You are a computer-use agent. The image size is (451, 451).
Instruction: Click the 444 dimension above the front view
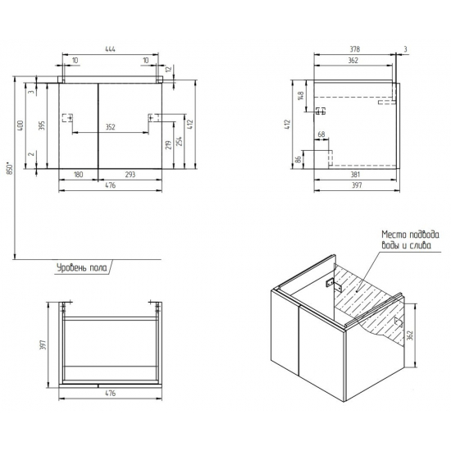pyautogui.click(x=110, y=49)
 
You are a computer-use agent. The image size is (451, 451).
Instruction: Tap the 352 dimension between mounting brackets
pyautogui.click(x=110, y=127)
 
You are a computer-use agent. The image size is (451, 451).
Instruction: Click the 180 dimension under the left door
pyautogui.click(x=78, y=175)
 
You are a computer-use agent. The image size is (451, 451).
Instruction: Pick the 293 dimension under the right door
pyautogui.click(x=130, y=175)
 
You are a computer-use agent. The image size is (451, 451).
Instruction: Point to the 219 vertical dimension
pyautogui.click(x=169, y=144)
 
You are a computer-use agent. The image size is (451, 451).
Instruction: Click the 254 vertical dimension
pyautogui.click(x=180, y=141)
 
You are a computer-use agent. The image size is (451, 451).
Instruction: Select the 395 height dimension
pyautogui.click(x=42, y=125)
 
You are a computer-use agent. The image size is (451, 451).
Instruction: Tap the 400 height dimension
pyautogui.click(x=20, y=125)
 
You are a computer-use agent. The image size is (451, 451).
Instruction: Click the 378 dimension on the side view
pyautogui.click(x=354, y=49)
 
